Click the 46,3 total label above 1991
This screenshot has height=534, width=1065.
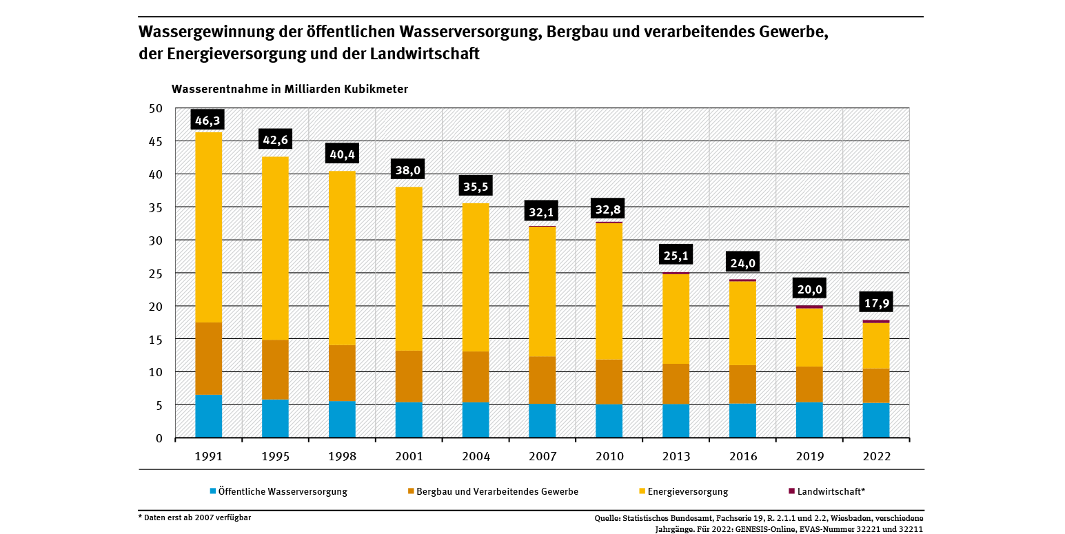tap(208, 121)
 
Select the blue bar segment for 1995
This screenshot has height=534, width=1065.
tap(275, 418)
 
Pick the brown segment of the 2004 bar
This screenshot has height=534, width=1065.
tap(476, 377)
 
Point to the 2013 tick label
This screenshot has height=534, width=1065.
tap(676, 456)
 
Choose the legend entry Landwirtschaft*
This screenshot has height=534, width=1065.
tap(831, 491)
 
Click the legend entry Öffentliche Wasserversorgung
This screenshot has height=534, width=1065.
tap(282, 491)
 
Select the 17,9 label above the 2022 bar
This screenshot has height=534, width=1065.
tap(875, 302)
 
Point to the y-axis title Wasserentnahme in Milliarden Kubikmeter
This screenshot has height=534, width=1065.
tap(290, 90)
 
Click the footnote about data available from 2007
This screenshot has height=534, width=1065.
tap(194, 517)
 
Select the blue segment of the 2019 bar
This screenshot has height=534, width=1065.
tap(809, 420)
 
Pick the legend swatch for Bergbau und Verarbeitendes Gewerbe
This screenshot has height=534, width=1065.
tap(412, 491)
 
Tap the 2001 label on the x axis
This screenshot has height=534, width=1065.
tap(409, 456)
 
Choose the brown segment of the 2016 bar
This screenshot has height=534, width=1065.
tap(742, 384)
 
